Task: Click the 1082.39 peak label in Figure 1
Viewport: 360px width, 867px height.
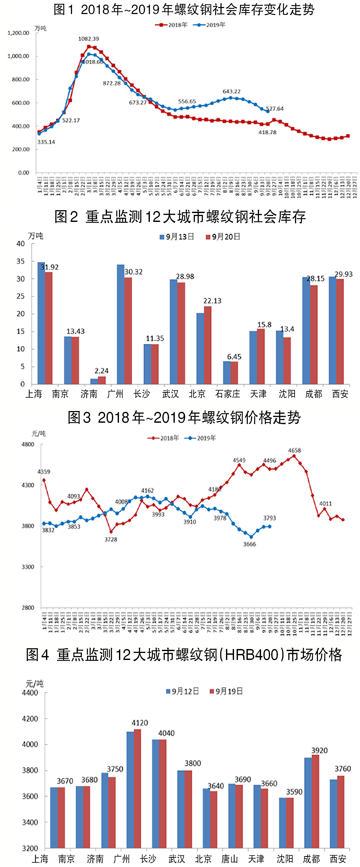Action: (89, 39)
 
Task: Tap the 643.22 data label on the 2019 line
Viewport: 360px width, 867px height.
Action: (231, 91)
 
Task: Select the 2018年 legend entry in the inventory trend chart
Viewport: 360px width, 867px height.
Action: (172, 25)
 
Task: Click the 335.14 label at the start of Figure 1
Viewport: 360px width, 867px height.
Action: (46, 142)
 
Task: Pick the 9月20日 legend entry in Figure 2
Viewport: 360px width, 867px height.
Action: (223, 237)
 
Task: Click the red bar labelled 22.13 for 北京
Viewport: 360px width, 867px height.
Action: (208, 345)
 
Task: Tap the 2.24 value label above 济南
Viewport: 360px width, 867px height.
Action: (101, 371)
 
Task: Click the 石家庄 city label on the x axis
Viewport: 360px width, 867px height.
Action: (228, 394)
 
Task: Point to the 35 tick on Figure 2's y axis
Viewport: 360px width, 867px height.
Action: (21, 262)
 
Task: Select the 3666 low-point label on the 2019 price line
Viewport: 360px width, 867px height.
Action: (249, 544)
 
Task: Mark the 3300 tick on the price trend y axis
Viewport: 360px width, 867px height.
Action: (28, 567)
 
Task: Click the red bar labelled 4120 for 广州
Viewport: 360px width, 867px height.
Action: (137, 789)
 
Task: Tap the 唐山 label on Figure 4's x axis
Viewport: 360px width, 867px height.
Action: (230, 859)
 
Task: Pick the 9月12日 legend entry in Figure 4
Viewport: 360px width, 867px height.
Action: (182, 691)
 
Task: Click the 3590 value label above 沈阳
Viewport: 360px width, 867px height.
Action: (294, 792)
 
